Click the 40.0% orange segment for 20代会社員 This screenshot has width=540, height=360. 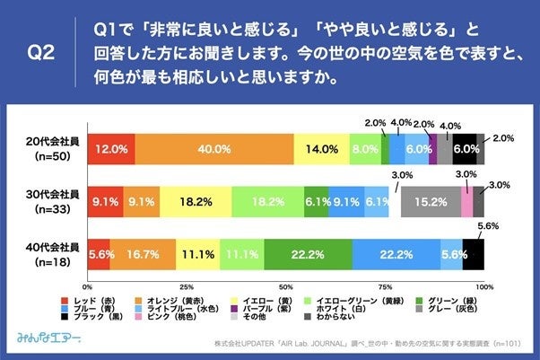(x=214, y=149)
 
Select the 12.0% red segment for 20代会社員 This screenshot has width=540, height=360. (x=110, y=149)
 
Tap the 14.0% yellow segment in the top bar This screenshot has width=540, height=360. (x=322, y=149)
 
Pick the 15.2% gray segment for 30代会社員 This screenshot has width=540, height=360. (x=430, y=203)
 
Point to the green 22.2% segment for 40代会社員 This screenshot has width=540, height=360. (x=308, y=255)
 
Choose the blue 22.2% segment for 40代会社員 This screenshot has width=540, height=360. (x=396, y=255)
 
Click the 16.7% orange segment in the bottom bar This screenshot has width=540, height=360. (x=142, y=255)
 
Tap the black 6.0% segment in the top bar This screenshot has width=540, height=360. (x=465, y=149)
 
